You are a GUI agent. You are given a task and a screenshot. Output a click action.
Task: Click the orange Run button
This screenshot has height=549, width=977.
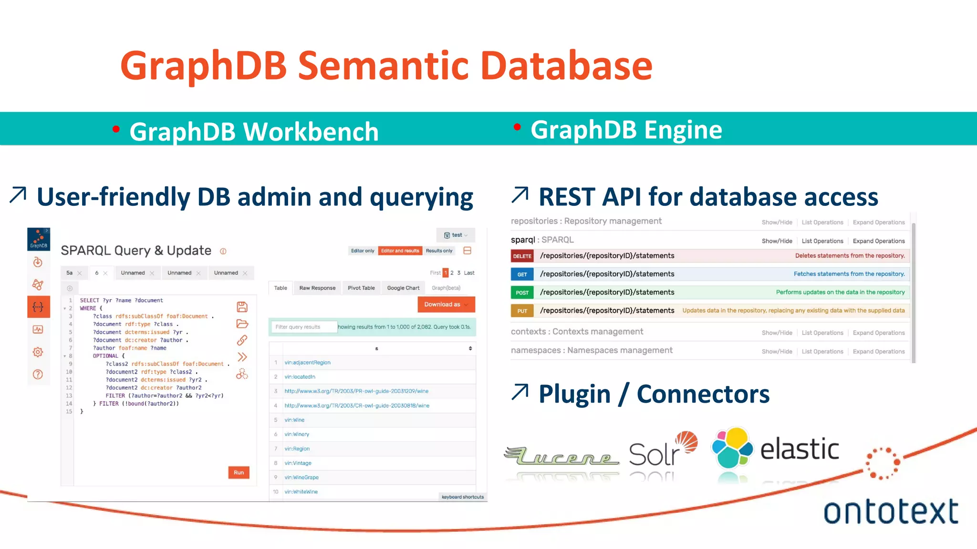tap(239, 472)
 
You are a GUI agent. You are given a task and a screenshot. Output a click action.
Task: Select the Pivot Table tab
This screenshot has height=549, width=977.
tap(361, 288)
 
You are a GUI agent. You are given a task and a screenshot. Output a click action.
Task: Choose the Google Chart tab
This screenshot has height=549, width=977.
tap(403, 288)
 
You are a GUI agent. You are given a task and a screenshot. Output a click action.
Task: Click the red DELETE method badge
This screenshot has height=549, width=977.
tap(522, 256)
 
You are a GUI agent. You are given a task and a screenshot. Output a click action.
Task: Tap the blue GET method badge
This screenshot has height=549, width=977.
tap(522, 274)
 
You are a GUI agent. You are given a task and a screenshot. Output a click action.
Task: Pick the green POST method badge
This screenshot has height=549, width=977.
tap(522, 293)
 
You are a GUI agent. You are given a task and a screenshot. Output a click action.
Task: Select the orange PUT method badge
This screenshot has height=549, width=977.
tap(522, 311)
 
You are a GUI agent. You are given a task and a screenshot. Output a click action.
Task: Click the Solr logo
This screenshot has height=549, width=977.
tap(661, 450)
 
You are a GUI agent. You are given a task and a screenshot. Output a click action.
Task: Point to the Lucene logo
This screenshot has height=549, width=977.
tap(562, 457)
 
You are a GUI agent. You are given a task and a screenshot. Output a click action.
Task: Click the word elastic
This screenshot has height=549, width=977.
tap(799, 449)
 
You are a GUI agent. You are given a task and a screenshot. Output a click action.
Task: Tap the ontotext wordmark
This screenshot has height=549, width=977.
tap(890, 512)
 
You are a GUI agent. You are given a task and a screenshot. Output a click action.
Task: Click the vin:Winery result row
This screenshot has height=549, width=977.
tap(297, 434)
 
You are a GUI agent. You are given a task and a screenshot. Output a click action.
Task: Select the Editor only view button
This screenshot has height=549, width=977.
tap(363, 251)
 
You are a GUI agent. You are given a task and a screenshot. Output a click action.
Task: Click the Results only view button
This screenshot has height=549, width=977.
tap(439, 251)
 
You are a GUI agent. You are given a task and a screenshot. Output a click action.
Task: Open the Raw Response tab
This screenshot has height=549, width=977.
tap(317, 288)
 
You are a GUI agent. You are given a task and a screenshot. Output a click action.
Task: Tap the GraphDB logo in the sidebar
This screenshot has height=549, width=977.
tap(39, 239)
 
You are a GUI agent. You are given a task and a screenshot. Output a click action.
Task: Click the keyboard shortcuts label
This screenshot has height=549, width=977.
tap(462, 497)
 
